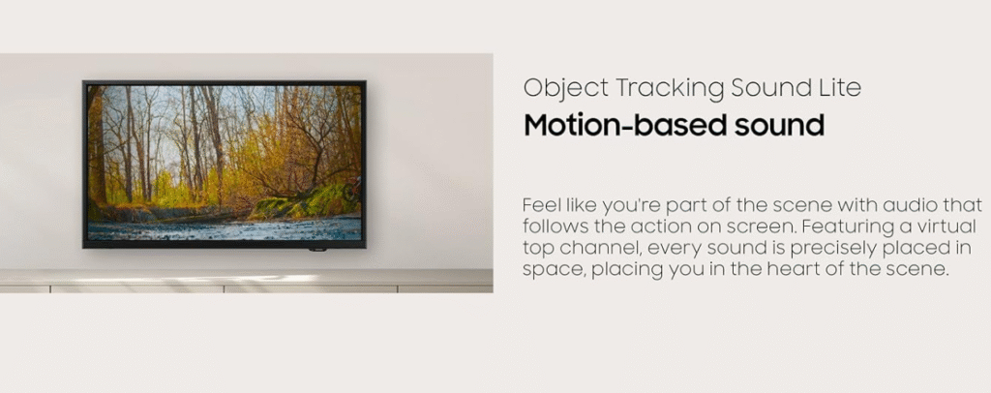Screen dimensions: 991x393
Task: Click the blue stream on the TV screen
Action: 225,228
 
